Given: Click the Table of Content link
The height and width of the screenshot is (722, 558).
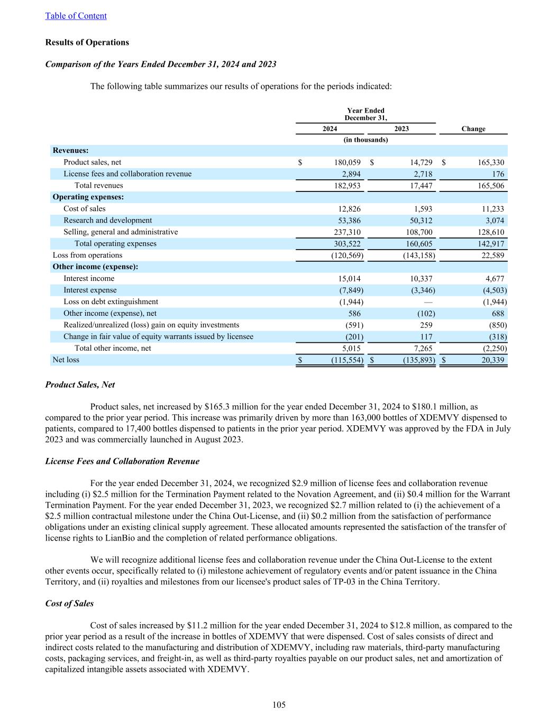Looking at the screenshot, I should [x=76, y=16].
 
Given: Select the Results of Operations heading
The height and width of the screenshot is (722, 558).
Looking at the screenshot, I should [x=87, y=42].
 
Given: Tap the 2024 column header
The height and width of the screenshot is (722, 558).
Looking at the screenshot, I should [x=330, y=129].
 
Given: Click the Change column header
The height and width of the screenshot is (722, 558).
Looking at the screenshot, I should [x=473, y=129].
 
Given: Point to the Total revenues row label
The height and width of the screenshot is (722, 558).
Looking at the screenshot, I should [x=98, y=186].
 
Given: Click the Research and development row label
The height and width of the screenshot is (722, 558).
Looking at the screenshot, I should [x=107, y=221].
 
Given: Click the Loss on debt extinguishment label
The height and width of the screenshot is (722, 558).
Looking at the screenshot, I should [x=111, y=302].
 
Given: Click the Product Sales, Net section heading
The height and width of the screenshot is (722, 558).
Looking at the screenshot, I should [x=80, y=385].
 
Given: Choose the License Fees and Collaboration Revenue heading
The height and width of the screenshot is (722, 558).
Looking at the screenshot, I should [x=122, y=461].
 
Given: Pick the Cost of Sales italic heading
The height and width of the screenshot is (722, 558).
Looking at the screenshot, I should [x=69, y=604].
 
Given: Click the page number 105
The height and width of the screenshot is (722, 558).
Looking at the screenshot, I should [x=279, y=705].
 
